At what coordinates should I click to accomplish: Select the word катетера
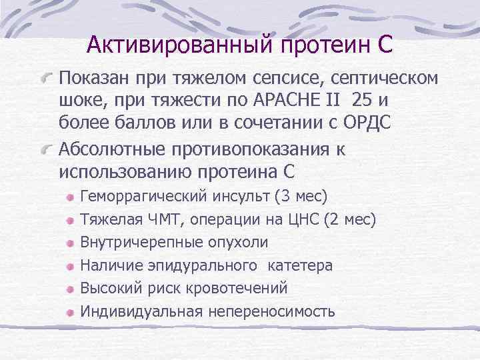300,265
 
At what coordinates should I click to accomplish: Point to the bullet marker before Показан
46,79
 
